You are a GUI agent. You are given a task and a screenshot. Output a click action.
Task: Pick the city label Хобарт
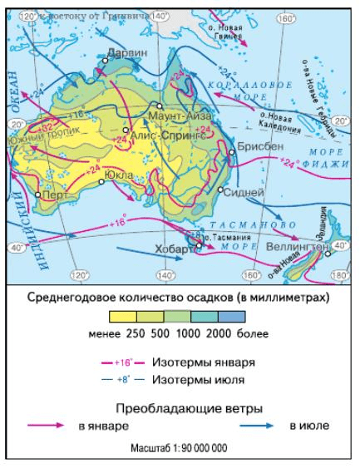(174, 249)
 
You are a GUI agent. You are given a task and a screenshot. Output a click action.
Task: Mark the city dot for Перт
(38, 195)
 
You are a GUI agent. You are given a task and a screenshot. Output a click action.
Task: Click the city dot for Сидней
(221, 190)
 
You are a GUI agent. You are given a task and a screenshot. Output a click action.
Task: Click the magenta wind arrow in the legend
(47, 426)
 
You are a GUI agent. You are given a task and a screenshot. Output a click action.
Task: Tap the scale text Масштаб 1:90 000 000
(180, 449)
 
